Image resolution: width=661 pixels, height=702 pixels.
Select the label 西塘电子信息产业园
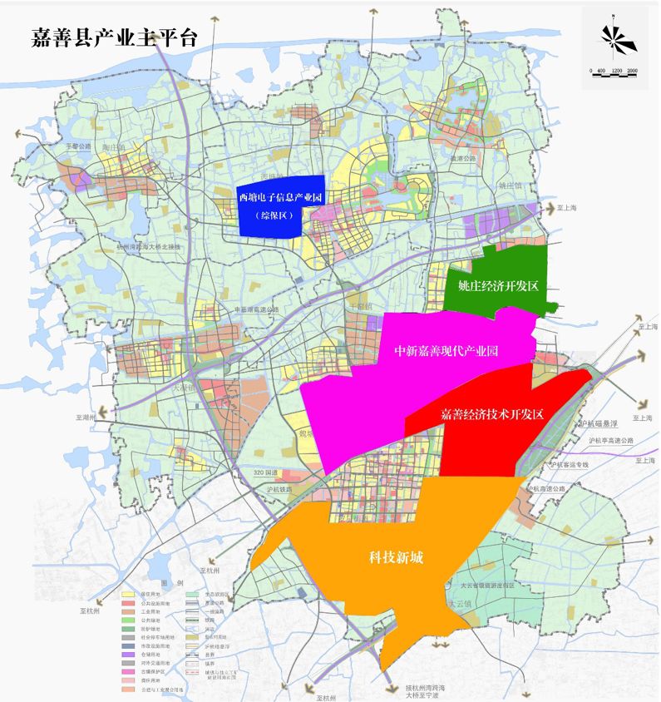tap(280, 197)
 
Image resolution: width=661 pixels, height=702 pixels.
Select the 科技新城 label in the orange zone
tap(397, 557)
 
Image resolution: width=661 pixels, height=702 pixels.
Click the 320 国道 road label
tap(266, 472)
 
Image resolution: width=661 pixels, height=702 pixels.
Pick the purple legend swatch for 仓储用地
tap(129, 655)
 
